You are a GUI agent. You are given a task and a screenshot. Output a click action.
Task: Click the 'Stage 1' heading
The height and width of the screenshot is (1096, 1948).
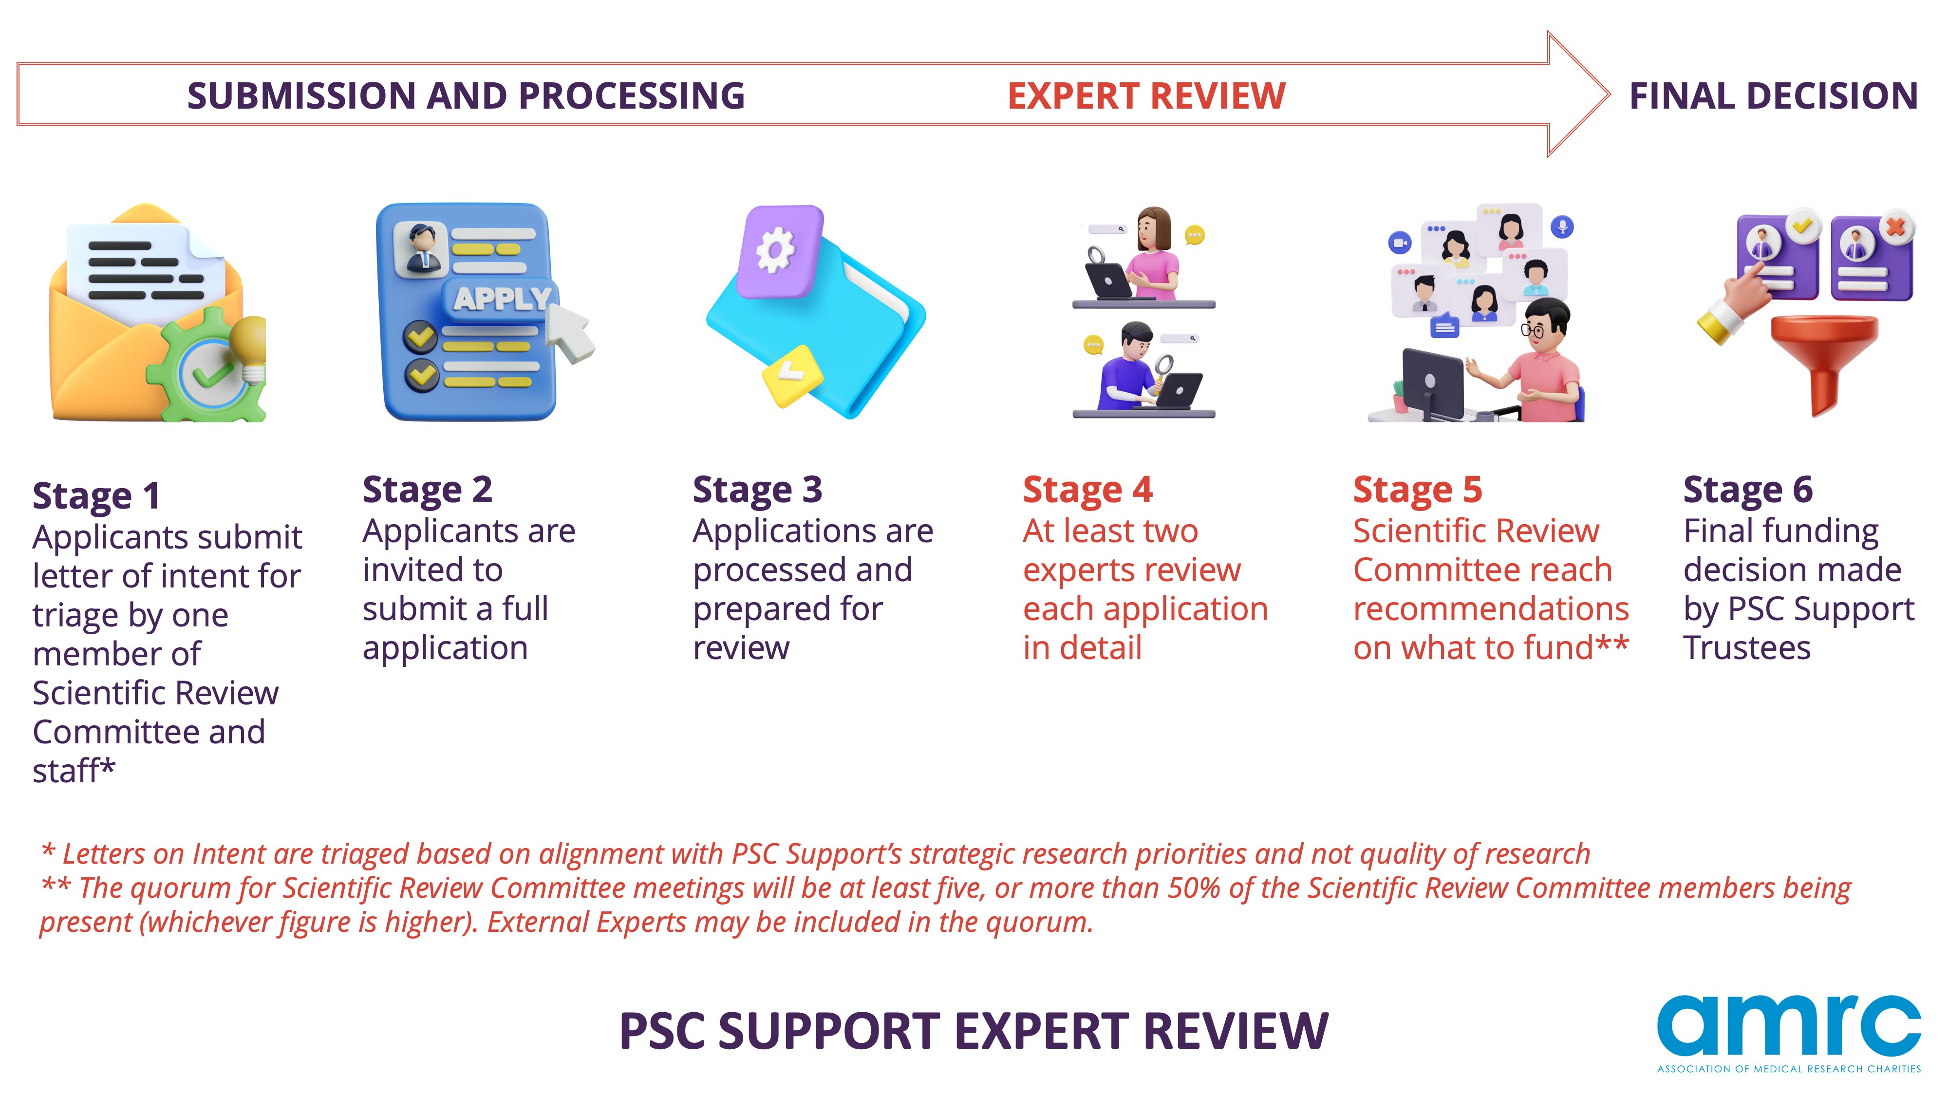point(96,496)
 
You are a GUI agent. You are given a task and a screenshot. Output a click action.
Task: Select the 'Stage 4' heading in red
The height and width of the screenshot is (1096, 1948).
point(1087,490)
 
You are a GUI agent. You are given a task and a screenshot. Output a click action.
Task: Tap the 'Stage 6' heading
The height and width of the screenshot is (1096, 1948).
point(1748,490)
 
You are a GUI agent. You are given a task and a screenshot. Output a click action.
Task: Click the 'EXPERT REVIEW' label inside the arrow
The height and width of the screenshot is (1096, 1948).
point(1146,96)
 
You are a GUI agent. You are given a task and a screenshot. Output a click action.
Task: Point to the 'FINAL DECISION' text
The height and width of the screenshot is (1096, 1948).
point(1773,96)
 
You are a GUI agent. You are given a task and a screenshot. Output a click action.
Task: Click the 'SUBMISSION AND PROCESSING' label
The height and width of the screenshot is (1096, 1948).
point(466,96)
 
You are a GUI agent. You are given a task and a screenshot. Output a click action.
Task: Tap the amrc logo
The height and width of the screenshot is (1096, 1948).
point(1789,1033)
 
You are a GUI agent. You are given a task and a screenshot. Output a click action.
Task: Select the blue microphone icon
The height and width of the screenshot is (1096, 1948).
point(1562,226)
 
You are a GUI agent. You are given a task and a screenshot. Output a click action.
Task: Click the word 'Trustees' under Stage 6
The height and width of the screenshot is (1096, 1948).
point(1747,648)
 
